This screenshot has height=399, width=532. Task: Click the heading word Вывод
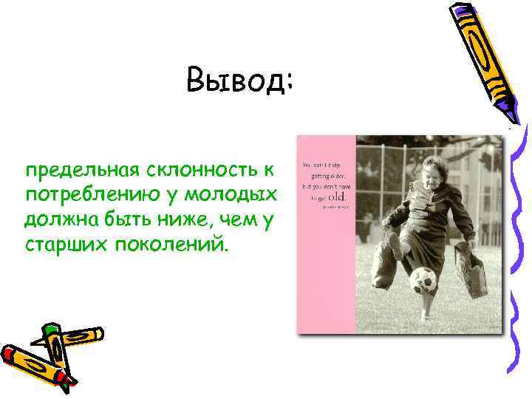point(240,80)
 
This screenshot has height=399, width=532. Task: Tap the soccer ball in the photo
point(423,280)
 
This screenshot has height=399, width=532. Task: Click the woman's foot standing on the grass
point(426,316)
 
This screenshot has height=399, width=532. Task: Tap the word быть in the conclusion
point(117,219)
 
